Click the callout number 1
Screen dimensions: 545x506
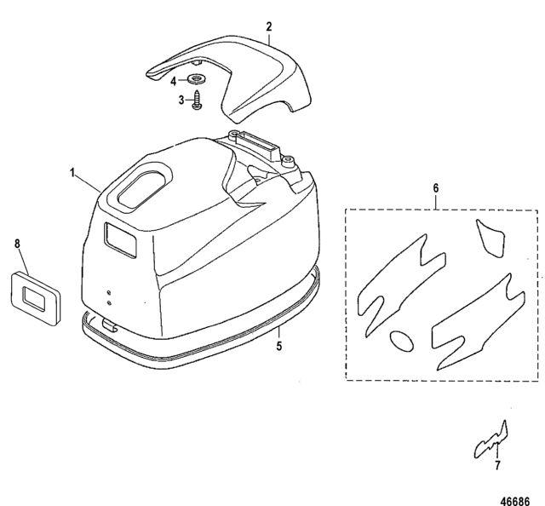(72, 172)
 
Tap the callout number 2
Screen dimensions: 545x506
(269, 26)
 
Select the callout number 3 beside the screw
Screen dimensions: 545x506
(181, 101)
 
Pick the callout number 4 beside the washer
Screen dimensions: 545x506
(174, 82)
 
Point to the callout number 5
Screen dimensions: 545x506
(278, 346)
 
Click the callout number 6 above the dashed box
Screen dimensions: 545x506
(436, 188)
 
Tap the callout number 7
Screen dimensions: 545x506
(497, 465)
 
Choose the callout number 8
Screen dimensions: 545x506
(17, 244)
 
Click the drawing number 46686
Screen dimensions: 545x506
(515, 501)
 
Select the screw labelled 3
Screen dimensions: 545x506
(198, 101)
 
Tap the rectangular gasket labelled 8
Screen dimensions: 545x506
(35, 298)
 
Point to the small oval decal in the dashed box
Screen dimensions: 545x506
(401, 341)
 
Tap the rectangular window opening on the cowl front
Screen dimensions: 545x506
(120, 239)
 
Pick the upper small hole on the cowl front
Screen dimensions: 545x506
(109, 292)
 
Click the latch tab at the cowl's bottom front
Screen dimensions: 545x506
(109, 325)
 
